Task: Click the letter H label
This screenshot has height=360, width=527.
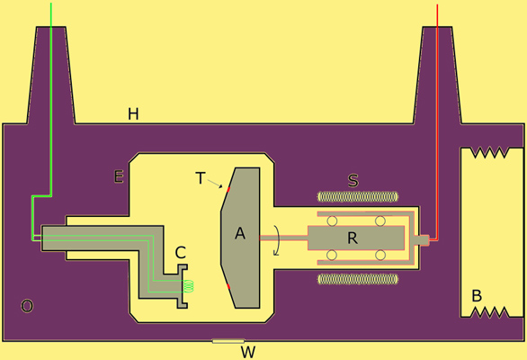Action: click(133, 114)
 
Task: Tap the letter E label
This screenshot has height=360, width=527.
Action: click(119, 176)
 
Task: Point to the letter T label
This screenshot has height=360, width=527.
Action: click(201, 178)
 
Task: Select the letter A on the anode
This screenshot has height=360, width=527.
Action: click(240, 233)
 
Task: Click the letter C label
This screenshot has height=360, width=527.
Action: click(181, 252)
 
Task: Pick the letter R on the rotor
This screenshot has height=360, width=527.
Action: click(353, 238)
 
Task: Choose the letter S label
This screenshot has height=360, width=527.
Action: click(353, 180)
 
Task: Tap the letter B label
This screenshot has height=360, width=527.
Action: click(477, 296)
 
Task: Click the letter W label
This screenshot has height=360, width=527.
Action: click(248, 352)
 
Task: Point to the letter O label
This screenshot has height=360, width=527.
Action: click(27, 306)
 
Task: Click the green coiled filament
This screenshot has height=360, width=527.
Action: click(190, 285)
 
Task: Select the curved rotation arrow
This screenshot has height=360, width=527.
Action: click(277, 240)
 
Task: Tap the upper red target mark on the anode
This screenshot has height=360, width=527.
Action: click(228, 189)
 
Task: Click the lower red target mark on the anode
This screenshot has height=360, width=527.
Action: click(228, 287)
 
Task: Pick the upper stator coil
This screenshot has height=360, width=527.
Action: click(358, 197)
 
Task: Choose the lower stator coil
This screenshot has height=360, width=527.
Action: click(358, 279)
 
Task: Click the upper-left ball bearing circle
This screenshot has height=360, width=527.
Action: click(332, 221)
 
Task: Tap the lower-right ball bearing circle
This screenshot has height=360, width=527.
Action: click(380, 255)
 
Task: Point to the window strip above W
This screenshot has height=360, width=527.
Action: click(228, 341)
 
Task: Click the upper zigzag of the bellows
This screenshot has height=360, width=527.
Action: click(489, 152)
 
